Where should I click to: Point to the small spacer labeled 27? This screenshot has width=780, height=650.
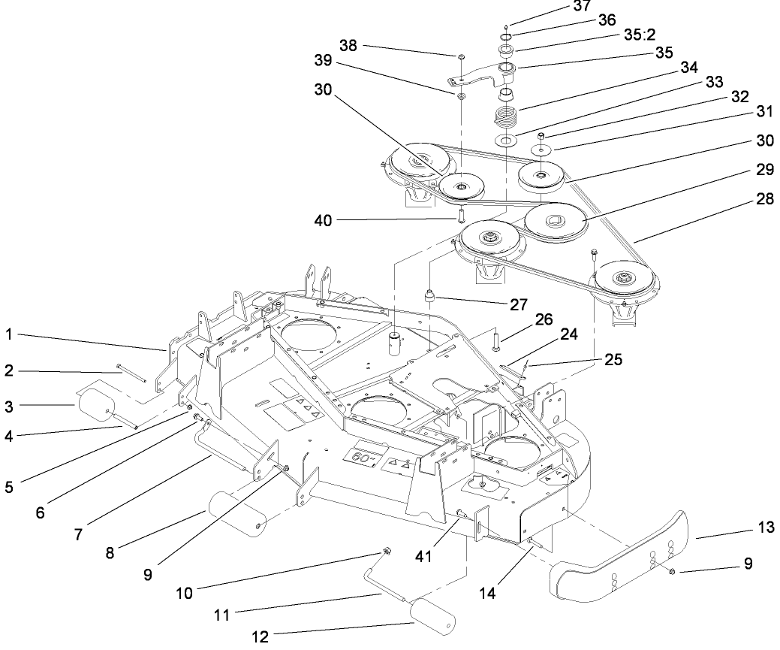tap(431, 297)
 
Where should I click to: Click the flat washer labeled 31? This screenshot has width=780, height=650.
tap(541, 150)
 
